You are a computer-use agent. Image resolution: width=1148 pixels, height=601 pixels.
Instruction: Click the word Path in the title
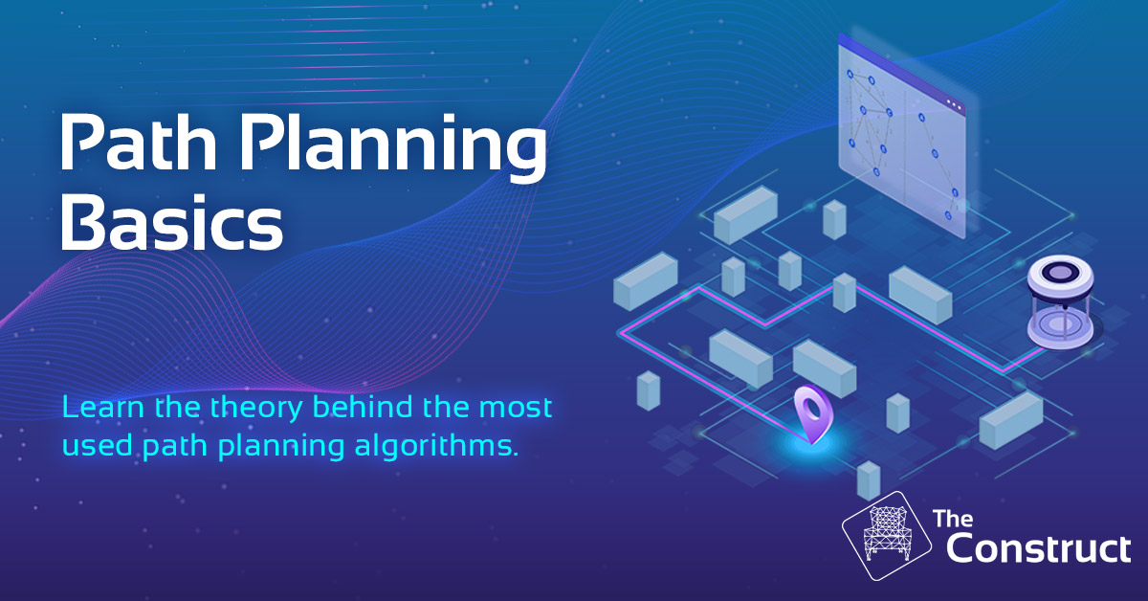click(x=139, y=142)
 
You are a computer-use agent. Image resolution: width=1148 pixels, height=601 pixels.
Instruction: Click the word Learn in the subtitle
click(x=103, y=407)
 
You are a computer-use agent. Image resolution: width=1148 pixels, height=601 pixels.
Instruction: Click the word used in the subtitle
click(x=98, y=446)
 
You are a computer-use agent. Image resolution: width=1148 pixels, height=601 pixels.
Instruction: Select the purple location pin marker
click(x=813, y=413)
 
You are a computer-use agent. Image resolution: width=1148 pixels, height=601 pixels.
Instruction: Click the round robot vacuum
click(x=1060, y=301)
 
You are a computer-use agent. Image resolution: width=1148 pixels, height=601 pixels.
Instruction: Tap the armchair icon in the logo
click(x=886, y=535)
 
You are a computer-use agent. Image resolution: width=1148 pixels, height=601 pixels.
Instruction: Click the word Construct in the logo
click(x=1038, y=549)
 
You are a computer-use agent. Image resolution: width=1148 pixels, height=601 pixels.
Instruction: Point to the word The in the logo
click(x=953, y=519)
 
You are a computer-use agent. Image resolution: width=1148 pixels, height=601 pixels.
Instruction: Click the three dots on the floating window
click(x=954, y=104)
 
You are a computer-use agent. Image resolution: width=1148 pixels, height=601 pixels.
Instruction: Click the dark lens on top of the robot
click(x=1060, y=272)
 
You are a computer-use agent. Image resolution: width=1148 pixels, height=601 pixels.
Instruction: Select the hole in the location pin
click(x=811, y=409)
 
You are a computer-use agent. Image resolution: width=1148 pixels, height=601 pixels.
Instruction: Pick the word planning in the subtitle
click(x=281, y=447)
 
